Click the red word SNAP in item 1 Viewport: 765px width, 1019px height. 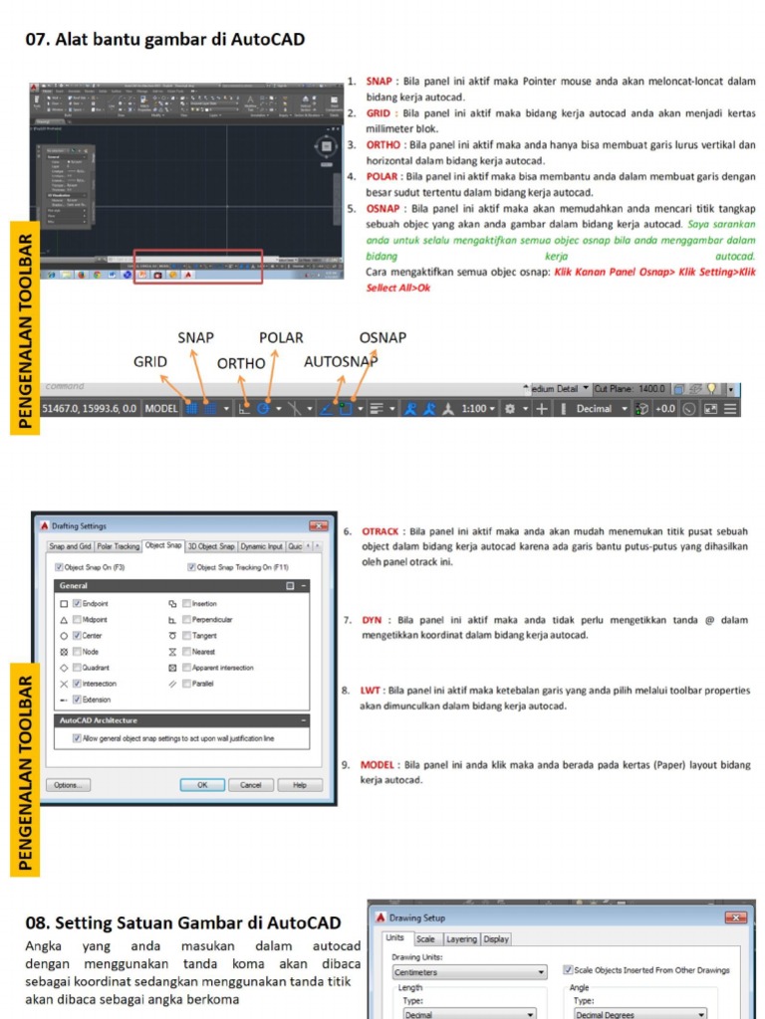tap(379, 82)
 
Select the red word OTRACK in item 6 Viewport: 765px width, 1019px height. tap(381, 531)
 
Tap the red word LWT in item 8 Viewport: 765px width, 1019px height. tap(371, 690)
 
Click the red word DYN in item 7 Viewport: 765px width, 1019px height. tap(372, 620)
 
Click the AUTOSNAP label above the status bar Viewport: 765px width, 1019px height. tap(341, 362)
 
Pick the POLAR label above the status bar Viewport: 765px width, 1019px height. tap(281, 338)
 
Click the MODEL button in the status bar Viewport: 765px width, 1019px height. tap(161, 408)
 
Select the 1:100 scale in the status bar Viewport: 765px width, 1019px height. tap(474, 408)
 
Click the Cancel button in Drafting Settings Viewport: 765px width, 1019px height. tap(251, 785)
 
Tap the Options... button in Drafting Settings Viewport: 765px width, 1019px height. tap(68, 785)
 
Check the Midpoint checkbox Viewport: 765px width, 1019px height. tap(77, 620)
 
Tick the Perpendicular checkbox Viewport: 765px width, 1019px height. tap(185, 620)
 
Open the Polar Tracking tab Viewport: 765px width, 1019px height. tap(119, 546)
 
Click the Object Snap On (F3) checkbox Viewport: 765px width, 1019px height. tap(58, 567)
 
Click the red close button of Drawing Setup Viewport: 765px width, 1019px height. tap(736, 917)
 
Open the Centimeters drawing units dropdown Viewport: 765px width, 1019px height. tap(469, 972)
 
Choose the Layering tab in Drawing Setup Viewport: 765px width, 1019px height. tap(460, 939)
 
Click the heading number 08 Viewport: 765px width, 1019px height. tap(37, 923)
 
